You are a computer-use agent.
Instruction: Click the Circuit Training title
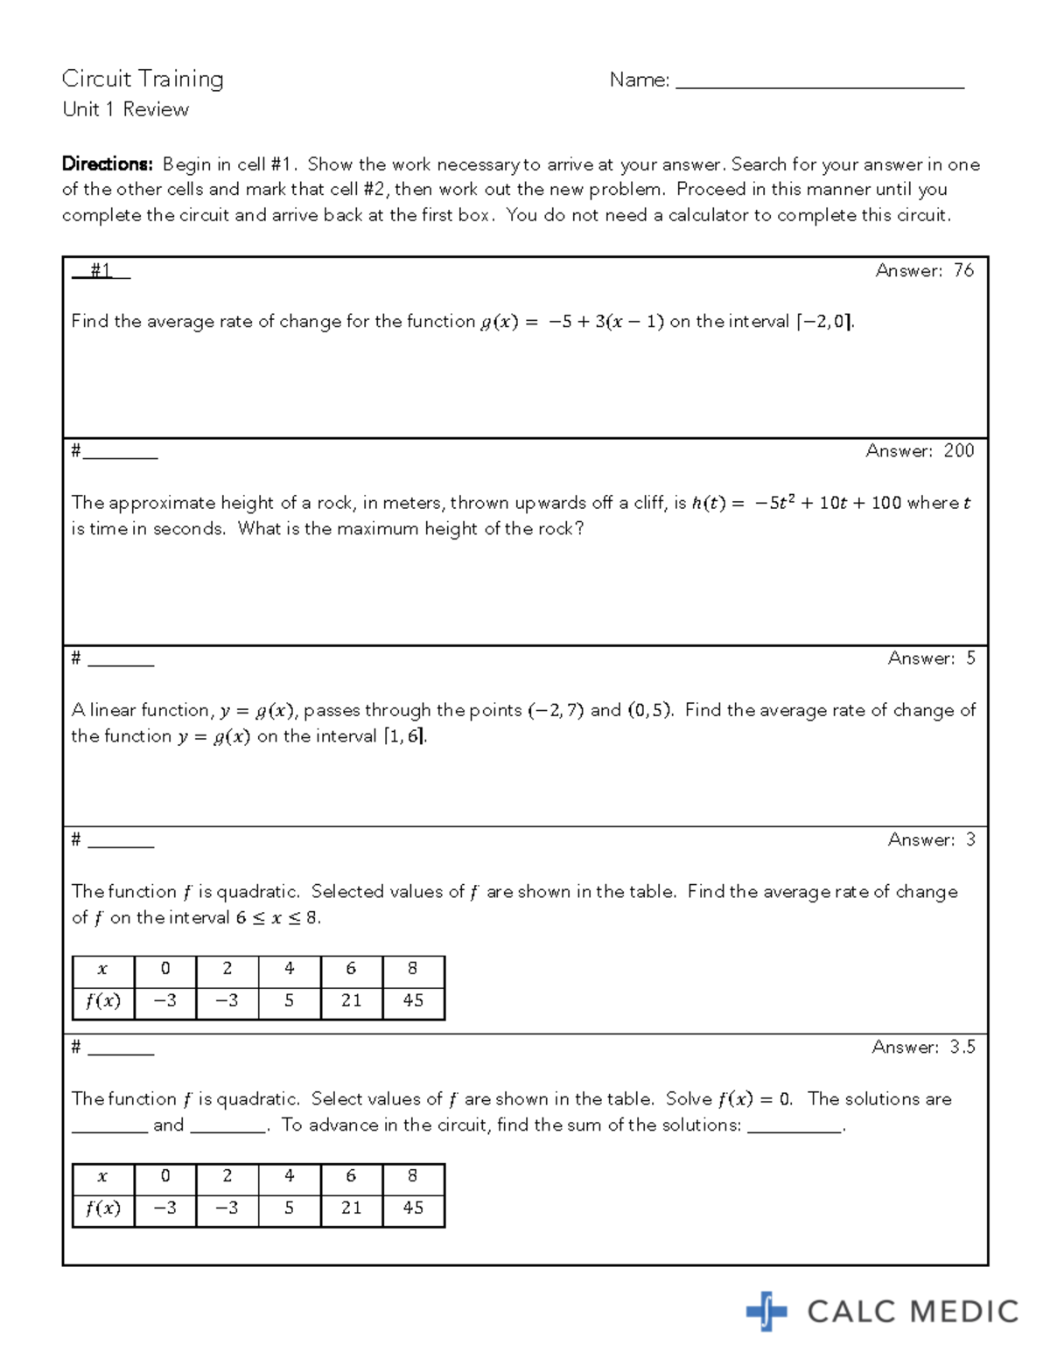(x=143, y=79)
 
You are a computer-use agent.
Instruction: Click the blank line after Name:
(x=819, y=82)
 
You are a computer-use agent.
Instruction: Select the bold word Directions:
(x=107, y=164)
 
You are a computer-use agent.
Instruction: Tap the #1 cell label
(x=101, y=271)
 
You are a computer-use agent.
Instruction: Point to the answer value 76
(x=963, y=271)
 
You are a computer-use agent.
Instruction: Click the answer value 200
(x=958, y=451)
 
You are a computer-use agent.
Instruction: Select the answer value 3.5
(x=962, y=1048)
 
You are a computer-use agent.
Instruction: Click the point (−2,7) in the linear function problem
(x=556, y=710)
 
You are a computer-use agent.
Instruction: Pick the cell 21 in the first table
(x=351, y=1000)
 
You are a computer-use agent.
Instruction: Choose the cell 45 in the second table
(x=413, y=1208)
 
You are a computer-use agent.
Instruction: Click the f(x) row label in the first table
(x=103, y=1000)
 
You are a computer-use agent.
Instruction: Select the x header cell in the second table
(x=103, y=1176)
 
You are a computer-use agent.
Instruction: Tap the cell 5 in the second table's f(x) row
(x=289, y=1208)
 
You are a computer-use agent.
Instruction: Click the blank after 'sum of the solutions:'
(x=794, y=1127)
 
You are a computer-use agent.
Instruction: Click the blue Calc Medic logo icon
(x=766, y=1311)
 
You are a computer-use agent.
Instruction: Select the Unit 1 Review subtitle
(x=126, y=109)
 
